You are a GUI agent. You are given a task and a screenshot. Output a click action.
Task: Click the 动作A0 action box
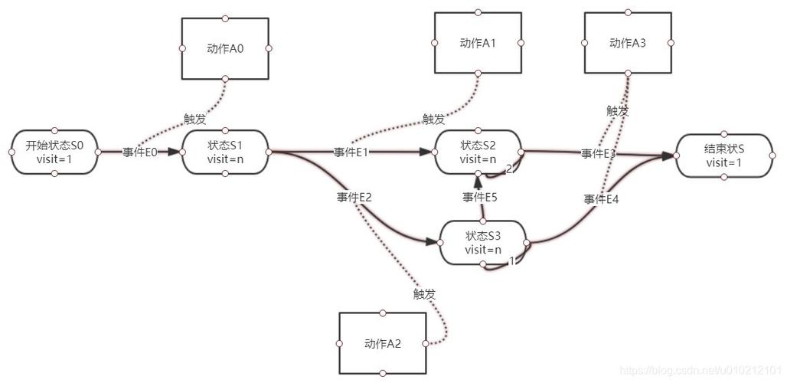(x=225, y=49)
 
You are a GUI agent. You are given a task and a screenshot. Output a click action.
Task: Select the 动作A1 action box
(x=478, y=43)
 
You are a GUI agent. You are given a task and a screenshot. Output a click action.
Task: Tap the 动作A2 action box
(x=383, y=343)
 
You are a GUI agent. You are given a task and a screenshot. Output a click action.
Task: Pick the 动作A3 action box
(x=628, y=43)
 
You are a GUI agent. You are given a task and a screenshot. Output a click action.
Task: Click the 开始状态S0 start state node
(x=54, y=152)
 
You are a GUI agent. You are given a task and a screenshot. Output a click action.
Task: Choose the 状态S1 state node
(x=225, y=152)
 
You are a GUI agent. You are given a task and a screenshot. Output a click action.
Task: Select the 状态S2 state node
(x=478, y=152)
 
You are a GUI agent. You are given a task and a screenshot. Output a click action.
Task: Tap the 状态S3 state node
(x=483, y=243)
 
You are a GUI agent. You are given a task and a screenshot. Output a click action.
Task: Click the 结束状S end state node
(x=724, y=155)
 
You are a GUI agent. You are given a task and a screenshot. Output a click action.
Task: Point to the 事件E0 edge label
(x=139, y=152)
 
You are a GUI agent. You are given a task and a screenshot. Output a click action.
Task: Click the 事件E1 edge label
(x=351, y=152)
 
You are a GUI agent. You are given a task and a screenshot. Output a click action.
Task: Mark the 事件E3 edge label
(x=598, y=154)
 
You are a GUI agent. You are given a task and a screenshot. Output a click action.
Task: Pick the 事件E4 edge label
(x=601, y=199)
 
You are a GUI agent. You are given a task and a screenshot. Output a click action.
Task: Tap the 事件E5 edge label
(x=479, y=198)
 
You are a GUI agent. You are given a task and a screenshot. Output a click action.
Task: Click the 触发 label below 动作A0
(x=194, y=119)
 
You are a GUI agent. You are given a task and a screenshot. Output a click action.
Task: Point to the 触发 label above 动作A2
(x=424, y=294)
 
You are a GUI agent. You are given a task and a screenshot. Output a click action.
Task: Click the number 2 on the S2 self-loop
(x=509, y=169)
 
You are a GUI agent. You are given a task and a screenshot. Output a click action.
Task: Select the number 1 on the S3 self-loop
(x=512, y=260)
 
